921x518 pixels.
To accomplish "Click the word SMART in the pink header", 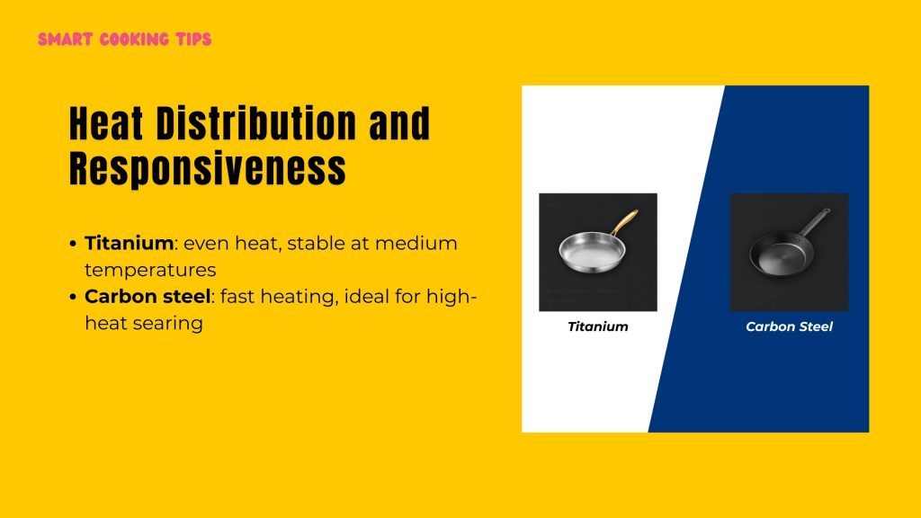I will [x=64, y=40].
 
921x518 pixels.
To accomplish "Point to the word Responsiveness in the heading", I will [x=207, y=167].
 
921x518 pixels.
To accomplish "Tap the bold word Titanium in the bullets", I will [x=128, y=243].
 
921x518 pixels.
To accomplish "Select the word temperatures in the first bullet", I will [x=150, y=269].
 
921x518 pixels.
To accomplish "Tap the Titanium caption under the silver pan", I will [x=597, y=326].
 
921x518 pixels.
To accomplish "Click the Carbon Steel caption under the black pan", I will [x=789, y=326].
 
